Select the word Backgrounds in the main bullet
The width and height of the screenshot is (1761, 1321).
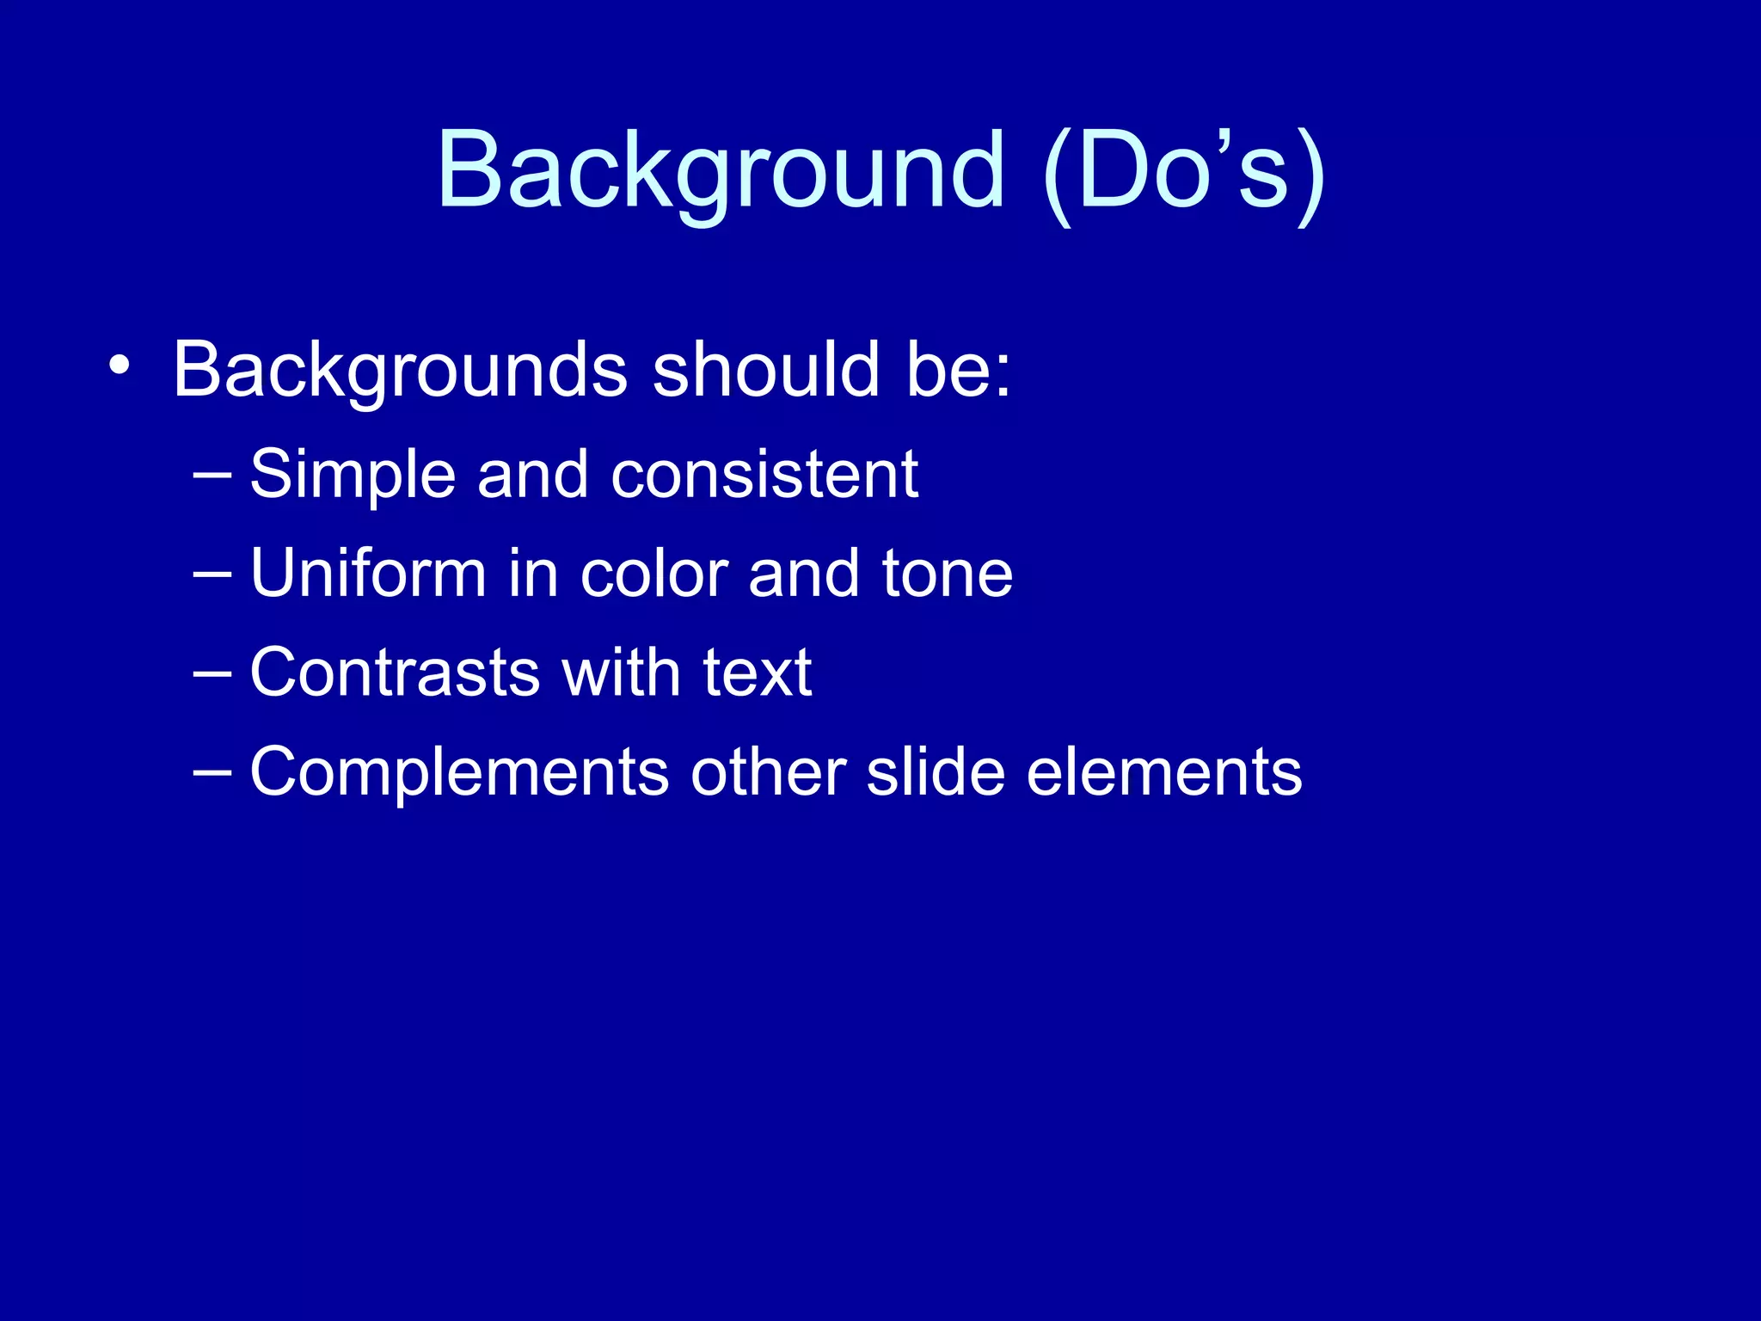(x=400, y=370)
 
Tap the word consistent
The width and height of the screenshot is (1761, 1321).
(x=764, y=475)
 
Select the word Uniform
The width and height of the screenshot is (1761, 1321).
(x=368, y=573)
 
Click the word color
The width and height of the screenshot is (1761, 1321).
(x=653, y=574)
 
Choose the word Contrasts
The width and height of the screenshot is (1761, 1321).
(x=395, y=673)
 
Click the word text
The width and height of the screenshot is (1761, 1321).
(x=757, y=673)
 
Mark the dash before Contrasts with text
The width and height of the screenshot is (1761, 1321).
(x=212, y=672)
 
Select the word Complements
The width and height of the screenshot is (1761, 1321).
(x=459, y=772)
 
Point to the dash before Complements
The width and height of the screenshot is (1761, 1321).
(x=212, y=771)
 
